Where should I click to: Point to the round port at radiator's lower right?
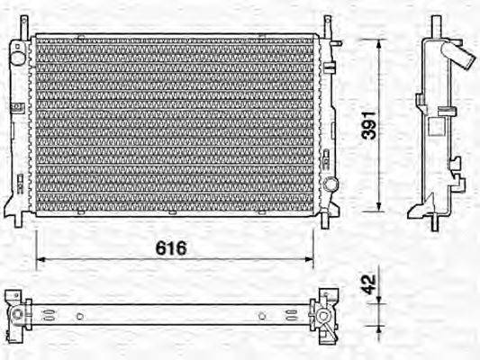(x=331, y=184)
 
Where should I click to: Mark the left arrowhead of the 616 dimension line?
(x=39, y=262)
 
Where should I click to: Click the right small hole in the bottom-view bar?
(x=262, y=315)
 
